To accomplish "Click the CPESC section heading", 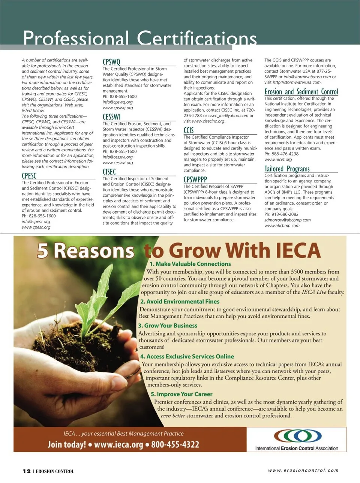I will (x=29, y=176).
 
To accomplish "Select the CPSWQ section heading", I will (x=111, y=62).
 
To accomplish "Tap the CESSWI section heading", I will (x=112, y=117).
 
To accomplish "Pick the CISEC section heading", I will (x=109, y=172).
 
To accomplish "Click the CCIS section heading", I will (x=189, y=130).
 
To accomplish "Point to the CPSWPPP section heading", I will (x=195, y=179).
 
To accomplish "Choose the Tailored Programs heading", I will (x=287, y=169).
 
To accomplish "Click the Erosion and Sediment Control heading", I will (x=301, y=92).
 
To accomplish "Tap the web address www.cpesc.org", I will (x=36, y=227).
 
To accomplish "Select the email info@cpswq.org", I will (x=118, y=102).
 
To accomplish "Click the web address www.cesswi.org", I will (x=118, y=163).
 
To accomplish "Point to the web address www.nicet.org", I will (x=278, y=159).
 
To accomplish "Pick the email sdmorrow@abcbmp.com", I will (x=287, y=220).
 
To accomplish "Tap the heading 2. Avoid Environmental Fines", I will (x=180, y=302).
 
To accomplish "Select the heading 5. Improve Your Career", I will (x=181, y=394).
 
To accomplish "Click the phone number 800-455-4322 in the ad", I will (x=175, y=445).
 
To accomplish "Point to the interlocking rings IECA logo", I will (x=298, y=435).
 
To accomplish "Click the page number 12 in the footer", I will (x=27, y=471).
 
